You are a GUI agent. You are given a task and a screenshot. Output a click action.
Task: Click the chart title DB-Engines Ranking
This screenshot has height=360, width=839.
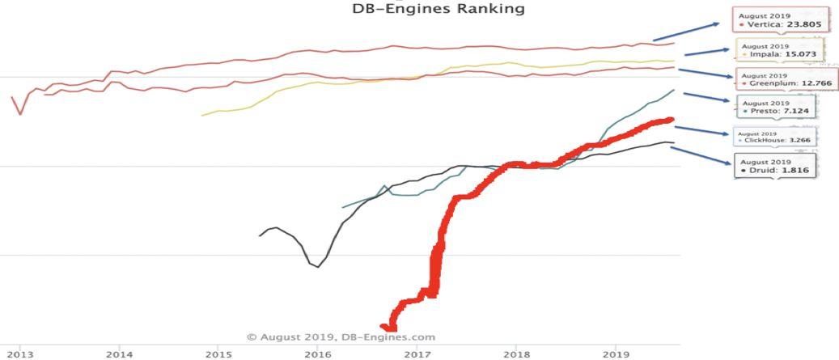coord(438,9)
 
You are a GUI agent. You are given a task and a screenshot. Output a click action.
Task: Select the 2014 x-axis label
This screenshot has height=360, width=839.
coord(119,354)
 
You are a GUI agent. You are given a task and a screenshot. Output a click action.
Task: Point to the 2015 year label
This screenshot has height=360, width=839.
coord(218,354)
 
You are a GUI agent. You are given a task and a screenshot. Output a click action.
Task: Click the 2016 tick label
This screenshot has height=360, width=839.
coord(318,354)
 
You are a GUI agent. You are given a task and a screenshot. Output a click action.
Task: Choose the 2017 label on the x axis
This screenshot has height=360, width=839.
coord(417,354)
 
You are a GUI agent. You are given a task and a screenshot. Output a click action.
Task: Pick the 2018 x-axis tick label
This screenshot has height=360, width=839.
coord(516,354)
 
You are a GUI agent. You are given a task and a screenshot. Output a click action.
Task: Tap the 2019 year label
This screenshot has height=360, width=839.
coord(616,354)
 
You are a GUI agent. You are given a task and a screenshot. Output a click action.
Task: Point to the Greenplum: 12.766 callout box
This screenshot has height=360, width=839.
coord(785,79)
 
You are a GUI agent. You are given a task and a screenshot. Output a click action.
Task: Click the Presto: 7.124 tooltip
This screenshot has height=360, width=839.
coord(776,107)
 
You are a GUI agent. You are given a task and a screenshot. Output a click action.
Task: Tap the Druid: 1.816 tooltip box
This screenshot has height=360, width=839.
coord(775,166)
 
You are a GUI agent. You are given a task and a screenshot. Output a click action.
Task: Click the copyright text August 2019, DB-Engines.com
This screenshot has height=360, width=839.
coord(341,337)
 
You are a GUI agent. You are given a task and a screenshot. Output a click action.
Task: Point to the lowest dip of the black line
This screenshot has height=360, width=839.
coord(318,266)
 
